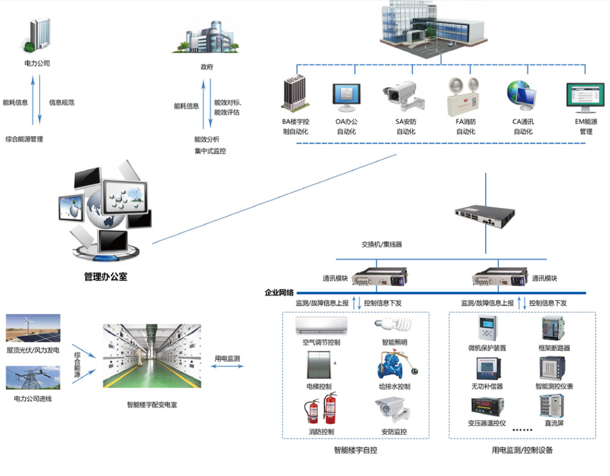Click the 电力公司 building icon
(x=38, y=35)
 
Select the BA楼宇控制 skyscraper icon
(x=295, y=93)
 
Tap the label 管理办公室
(x=105, y=277)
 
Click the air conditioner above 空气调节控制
(x=321, y=325)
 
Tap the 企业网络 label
(x=279, y=292)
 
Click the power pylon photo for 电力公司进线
(x=33, y=378)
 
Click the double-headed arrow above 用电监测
(x=227, y=367)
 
